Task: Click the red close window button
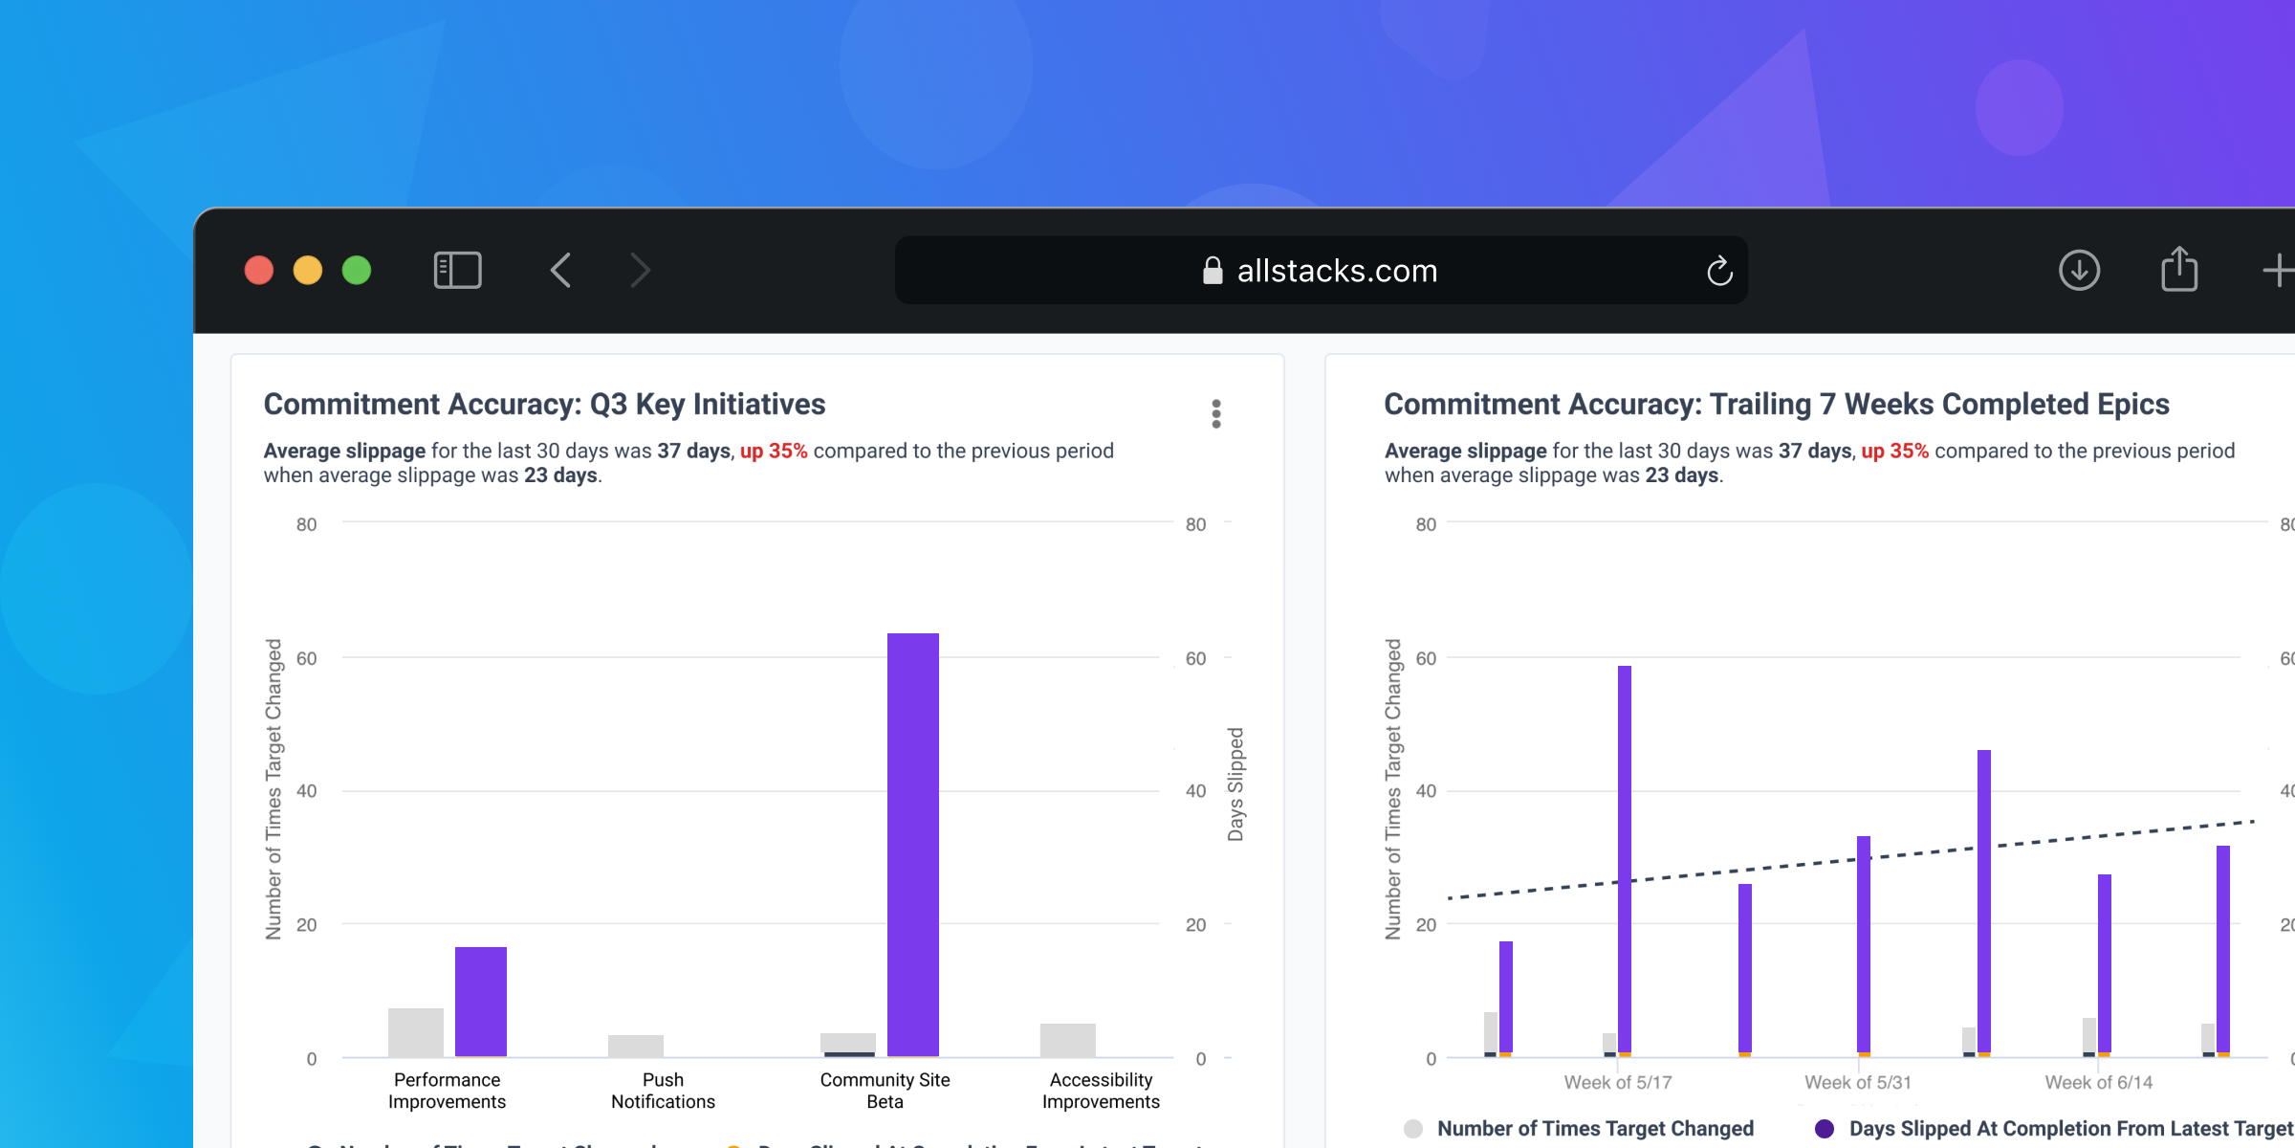(x=259, y=271)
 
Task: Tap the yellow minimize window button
(x=308, y=271)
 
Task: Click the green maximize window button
(x=357, y=271)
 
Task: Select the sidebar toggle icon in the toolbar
(x=457, y=271)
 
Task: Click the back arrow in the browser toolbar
(x=561, y=271)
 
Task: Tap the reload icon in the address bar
(x=1719, y=272)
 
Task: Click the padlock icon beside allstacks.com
(x=1213, y=271)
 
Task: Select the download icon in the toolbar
(x=2079, y=271)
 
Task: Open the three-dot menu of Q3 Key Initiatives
(x=1216, y=414)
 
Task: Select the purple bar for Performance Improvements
(x=481, y=1001)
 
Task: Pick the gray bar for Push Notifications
(x=636, y=1046)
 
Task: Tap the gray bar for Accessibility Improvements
(x=1068, y=1040)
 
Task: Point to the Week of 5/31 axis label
(x=1858, y=1082)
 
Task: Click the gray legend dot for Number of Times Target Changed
(x=1413, y=1129)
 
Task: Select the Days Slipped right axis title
(x=1235, y=784)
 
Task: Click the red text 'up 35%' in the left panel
(x=774, y=451)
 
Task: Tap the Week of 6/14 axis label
(x=2098, y=1082)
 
